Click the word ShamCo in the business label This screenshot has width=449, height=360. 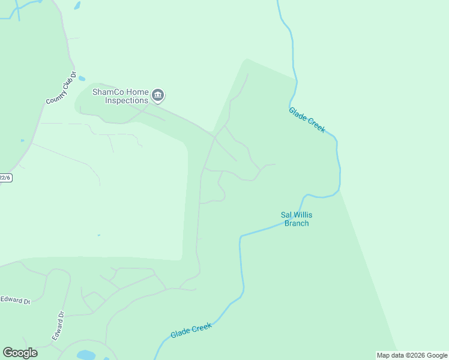tap(107, 92)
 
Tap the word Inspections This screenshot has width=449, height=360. tap(126, 101)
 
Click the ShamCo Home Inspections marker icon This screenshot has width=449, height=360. tap(158, 94)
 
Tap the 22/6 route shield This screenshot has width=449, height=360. tap(5, 178)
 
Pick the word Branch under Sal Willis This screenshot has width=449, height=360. tap(297, 223)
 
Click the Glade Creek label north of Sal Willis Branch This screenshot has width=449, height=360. tap(307, 119)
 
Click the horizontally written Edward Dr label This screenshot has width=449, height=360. tap(15, 300)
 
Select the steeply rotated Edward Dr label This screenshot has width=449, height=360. tap(58, 326)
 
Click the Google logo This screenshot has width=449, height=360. tap(20, 353)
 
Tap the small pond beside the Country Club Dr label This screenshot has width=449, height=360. tap(82, 79)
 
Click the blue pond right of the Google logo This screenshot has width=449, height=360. tap(86, 355)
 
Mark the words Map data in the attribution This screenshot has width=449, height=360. tap(390, 355)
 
